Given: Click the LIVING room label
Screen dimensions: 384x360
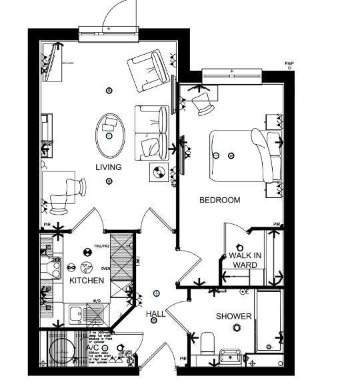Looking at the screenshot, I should tap(108, 167).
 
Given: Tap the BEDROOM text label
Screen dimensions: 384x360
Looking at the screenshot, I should tap(220, 200).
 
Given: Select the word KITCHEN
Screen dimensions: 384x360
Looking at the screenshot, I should tap(87, 281).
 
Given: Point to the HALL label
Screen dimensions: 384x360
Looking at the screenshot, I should tap(155, 314).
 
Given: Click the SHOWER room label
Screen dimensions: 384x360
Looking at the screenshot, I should tap(233, 316).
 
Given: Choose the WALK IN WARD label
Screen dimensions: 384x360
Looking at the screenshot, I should tap(244, 260).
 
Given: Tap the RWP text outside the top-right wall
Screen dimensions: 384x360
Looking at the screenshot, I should tap(289, 64).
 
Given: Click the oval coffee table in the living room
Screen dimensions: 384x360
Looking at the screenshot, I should tap(110, 129).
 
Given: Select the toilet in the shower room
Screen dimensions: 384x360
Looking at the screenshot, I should tap(207, 344).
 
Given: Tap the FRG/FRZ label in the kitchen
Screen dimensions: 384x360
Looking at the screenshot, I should tap(102, 246).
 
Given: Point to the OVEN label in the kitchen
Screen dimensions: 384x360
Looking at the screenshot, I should tap(105, 269).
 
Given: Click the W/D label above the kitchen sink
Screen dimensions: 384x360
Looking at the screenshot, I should tap(97, 301).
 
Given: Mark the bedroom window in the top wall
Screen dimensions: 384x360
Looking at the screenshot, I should tap(231, 72).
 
